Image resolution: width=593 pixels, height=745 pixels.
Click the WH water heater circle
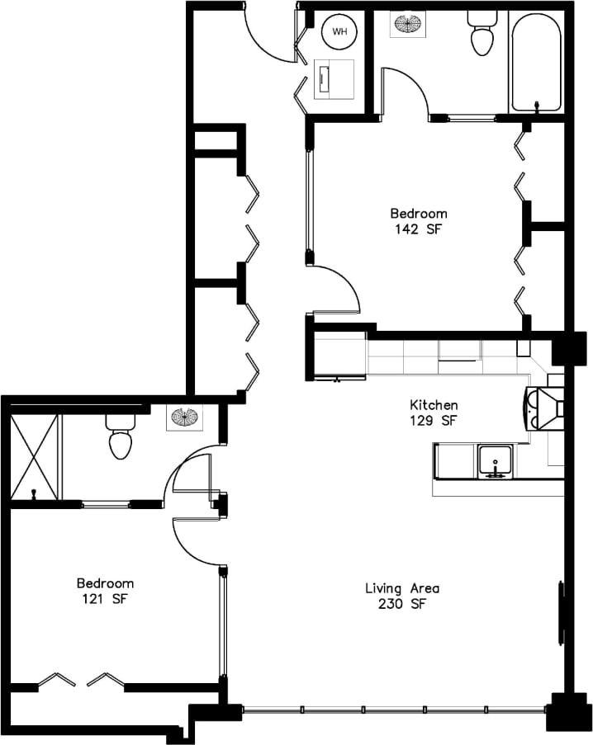(x=339, y=31)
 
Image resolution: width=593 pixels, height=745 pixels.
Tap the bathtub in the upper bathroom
(x=538, y=61)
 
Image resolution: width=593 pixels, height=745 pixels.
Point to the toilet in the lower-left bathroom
(x=121, y=436)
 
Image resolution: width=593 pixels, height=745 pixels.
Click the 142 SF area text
(x=419, y=230)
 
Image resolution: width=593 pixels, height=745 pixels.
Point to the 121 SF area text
(x=105, y=599)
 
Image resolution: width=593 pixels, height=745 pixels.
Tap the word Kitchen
(x=434, y=405)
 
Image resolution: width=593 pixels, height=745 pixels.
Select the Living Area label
(x=402, y=588)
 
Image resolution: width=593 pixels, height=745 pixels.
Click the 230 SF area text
(x=402, y=604)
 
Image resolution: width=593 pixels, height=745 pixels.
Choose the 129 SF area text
(x=434, y=421)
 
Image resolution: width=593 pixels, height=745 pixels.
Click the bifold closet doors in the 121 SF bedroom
(x=80, y=680)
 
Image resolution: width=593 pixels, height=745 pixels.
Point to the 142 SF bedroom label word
(x=419, y=214)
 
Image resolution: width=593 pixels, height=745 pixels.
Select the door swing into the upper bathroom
(x=406, y=91)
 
